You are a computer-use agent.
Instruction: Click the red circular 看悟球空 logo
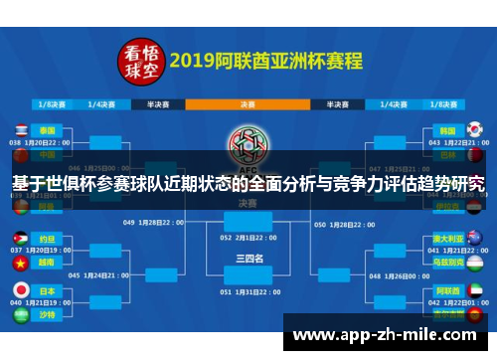tap(141, 61)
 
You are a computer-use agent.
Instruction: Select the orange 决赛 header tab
tap(248, 102)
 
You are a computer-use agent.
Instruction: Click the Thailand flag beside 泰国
tap(20, 130)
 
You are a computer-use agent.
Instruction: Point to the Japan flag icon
tap(20, 289)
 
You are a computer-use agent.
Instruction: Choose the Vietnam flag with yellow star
tap(20, 264)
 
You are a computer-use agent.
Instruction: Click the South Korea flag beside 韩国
tap(474, 130)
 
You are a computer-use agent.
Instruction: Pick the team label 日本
tap(48, 289)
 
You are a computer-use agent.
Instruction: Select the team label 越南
tap(48, 264)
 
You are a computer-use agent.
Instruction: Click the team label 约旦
tap(48, 240)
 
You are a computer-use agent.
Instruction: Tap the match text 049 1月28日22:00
tap(148, 224)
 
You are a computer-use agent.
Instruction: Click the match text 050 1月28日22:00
tap(349, 224)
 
